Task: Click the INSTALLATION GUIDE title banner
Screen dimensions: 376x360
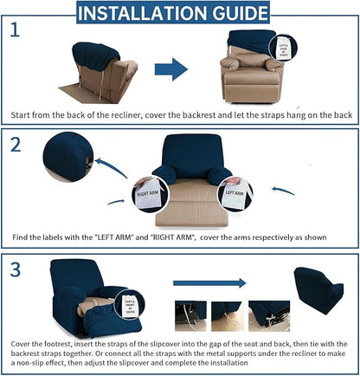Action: (180, 12)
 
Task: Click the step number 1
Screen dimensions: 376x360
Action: (15, 31)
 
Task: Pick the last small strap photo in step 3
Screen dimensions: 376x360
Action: (269, 316)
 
